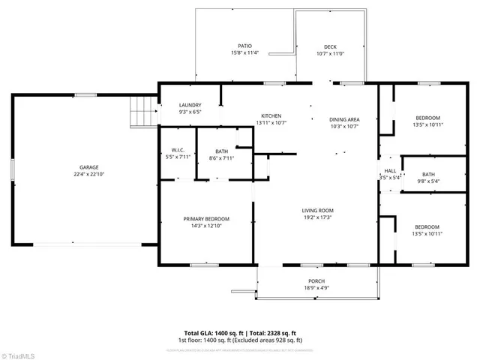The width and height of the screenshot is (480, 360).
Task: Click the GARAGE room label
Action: pos(89,167)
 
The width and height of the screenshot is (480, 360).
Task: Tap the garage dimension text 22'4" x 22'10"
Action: pos(89,175)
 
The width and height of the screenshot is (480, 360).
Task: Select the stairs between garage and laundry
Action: pos(142,112)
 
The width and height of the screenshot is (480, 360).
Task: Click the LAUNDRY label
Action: pos(190,105)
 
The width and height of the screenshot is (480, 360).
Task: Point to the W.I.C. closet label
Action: pos(178,150)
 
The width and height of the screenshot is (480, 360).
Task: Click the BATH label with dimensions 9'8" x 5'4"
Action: pos(428,174)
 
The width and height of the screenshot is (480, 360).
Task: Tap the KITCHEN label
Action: pos(271,115)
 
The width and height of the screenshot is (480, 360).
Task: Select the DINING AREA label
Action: pos(344,119)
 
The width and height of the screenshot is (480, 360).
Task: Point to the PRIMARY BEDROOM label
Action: pos(206,219)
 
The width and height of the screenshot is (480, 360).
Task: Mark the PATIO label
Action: pos(244,45)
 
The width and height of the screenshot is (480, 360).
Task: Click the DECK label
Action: pos(330,46)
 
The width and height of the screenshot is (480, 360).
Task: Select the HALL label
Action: pos(390,171)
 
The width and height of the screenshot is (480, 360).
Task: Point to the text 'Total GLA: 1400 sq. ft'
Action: pos(213,333)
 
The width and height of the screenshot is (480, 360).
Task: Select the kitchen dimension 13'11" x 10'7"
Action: pos(271,123)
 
